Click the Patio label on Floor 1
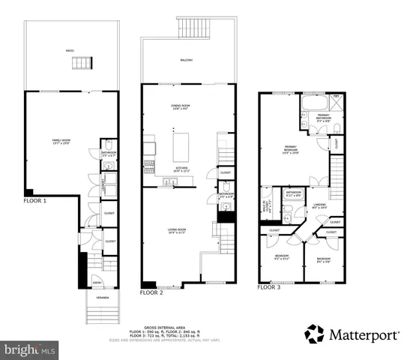(69, 51)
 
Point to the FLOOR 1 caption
(34, 201)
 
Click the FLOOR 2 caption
(151, 292)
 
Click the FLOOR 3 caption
(268, 286)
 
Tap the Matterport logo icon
(315, 334)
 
